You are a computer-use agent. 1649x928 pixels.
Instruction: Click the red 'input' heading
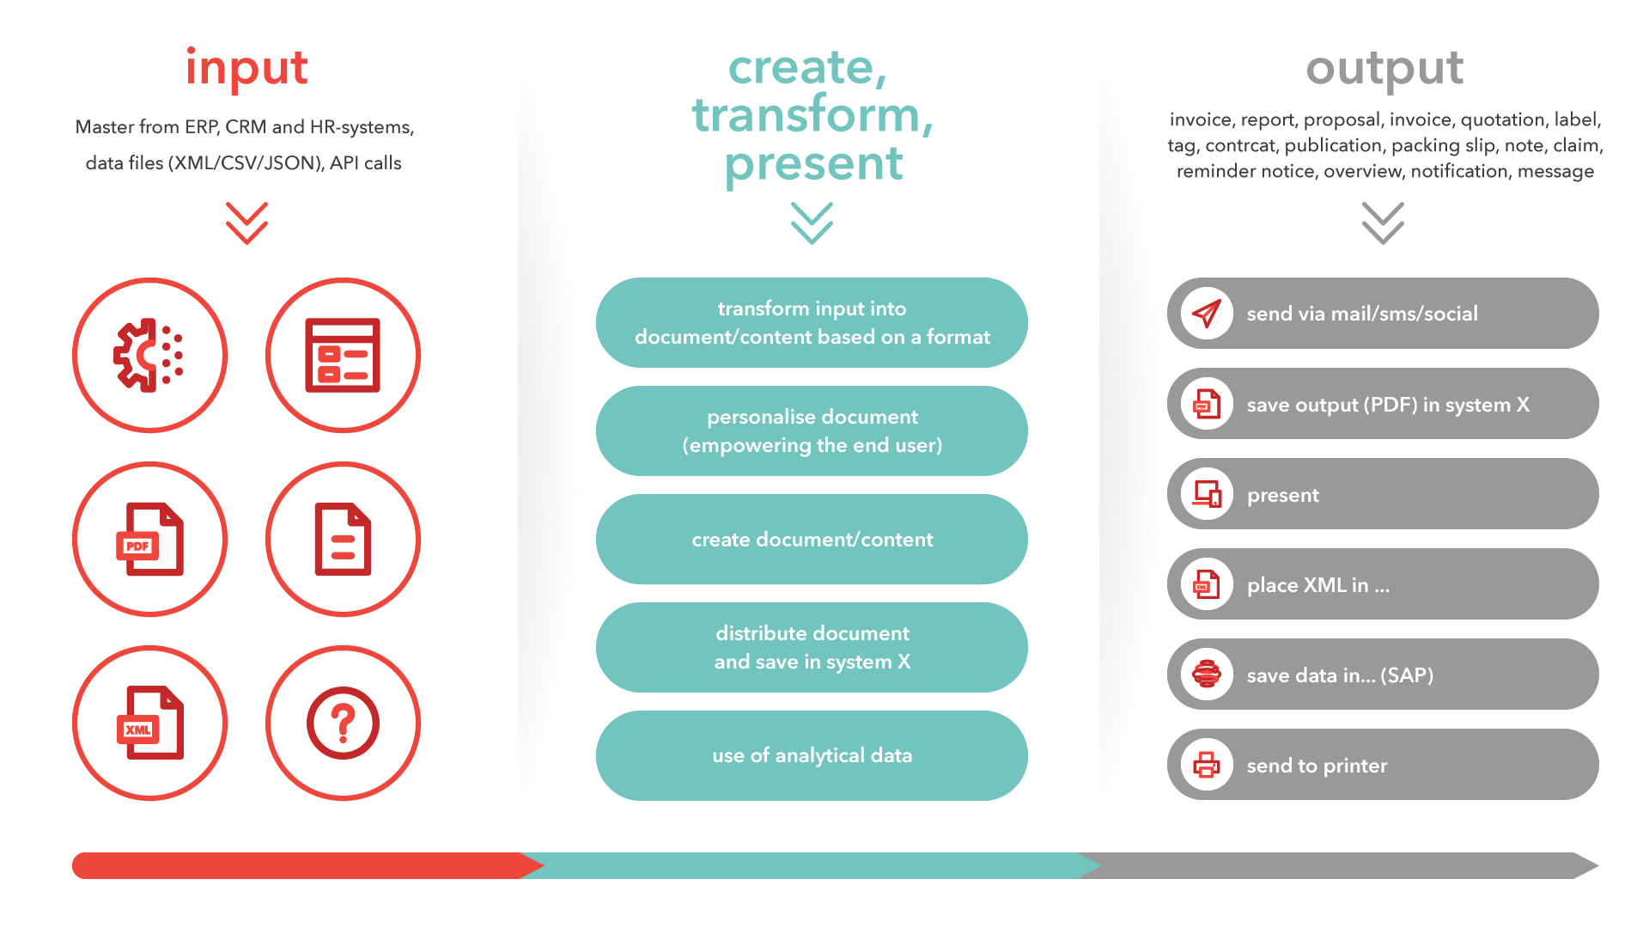(246, 67)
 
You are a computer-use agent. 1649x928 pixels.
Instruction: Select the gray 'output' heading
(1384, 69)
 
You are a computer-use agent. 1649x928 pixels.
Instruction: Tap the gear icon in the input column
(149, 355)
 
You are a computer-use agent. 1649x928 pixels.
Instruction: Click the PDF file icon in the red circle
(149, 539)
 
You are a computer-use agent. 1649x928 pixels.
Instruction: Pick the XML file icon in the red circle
(149, 723)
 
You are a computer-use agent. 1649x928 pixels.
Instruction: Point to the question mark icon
(343, 723)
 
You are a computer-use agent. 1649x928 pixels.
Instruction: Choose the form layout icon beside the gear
(343, 355)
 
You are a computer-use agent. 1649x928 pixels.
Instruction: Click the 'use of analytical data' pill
(812, 755)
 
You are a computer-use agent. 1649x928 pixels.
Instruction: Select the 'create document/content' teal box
(812, 539)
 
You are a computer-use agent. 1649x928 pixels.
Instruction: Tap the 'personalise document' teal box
(812, 430)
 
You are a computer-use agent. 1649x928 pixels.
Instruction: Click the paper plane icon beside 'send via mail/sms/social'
(1207, 314)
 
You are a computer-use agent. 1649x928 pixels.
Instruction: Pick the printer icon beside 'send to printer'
(1207, 765)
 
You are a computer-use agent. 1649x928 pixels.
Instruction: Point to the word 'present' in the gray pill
(1282, 495)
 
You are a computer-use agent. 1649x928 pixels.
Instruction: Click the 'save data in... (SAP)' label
(1340, 675)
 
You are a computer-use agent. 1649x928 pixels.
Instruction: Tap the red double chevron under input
(246, 223)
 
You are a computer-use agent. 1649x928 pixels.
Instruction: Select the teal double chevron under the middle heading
(812, 223)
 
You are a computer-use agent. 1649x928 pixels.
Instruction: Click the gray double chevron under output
(1383, 223)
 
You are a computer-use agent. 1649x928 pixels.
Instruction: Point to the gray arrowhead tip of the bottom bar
(1598, 865)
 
